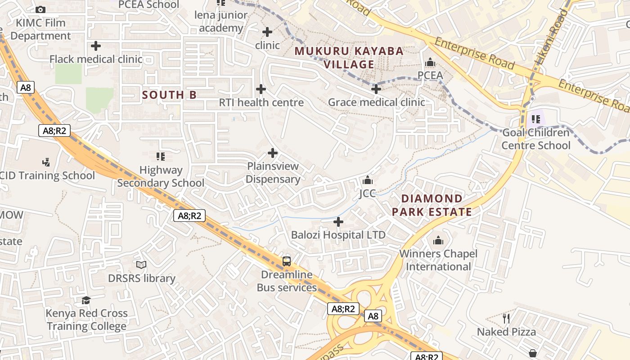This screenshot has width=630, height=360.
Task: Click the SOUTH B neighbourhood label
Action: pyautogui.click(x=169, y=95)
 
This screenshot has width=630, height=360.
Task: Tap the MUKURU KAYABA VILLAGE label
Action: pyautogui.click(x=349, y=58)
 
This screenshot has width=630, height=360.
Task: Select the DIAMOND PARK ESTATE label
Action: pyautogui.click(x=432, y=205)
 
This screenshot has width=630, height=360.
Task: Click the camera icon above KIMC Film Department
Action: pyautogui.click(x=40, y=9)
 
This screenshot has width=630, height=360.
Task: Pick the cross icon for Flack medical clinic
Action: pyautogui.click(x=95, y=46)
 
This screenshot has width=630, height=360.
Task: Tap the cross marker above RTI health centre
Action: pyautogui.click(x=261, y=89)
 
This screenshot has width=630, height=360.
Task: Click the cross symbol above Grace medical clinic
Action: pyautogui.click(x=376, y=89)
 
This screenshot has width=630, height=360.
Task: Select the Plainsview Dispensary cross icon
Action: pyautogui.click(x=273, y=153)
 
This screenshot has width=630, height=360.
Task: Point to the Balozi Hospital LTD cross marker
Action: pyautogui.click(x=338, y=222)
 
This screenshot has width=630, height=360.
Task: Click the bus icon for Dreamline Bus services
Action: pyautogui.click(x=287, y=261)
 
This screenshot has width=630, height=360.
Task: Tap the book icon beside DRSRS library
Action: pyautogui.click(x=141, y=265)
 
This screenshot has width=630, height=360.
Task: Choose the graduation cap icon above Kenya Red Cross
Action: pyautogui.click(x=86, y=300)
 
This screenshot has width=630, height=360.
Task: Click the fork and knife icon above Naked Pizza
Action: pyautogui.click(x=506, y=319)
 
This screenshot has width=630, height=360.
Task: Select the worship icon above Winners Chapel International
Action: pyautogui.click(x=438, y=241)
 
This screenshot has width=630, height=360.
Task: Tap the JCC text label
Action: pyautogui.click(x=367, y=193)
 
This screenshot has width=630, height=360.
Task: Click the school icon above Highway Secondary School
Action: pyautogui.click(x=161, y=157)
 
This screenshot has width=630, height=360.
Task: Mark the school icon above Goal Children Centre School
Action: pyautogui.click(x=536, y=119)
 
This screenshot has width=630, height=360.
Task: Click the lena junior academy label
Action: pyautogui.click(x=221, y=22)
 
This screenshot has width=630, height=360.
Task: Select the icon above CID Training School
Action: pyautogui.click(x=46, y=162)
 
